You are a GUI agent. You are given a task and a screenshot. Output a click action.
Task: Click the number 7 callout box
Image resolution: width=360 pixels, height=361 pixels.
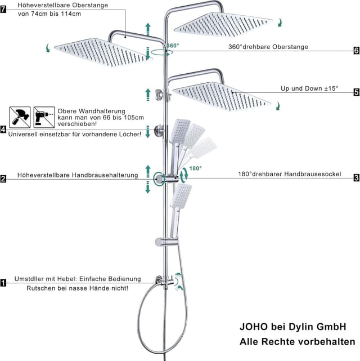(3, 10)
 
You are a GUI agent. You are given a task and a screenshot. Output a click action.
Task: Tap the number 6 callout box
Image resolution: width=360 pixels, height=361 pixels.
(356, 51)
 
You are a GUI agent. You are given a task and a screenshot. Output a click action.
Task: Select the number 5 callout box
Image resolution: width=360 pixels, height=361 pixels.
(356, 92)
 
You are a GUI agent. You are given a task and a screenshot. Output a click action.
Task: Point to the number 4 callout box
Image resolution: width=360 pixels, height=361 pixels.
(3, 130)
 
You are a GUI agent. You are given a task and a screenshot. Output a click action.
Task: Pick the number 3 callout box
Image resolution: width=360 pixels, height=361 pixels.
(356, 178)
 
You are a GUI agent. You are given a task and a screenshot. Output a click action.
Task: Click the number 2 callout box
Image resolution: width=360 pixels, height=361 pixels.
(3, 179)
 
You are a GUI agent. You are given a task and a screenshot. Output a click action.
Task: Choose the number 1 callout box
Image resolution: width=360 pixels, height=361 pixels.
(3, 283)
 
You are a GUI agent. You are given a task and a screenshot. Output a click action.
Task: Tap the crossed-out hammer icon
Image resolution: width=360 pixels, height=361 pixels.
(20, 117)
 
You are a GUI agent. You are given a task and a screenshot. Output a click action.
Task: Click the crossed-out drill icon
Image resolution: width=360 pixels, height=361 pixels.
(44, 117)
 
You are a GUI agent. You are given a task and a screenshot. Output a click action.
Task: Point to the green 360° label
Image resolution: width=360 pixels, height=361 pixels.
(173, 46)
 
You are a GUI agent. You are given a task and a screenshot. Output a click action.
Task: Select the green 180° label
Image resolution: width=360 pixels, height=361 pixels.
(195, 168)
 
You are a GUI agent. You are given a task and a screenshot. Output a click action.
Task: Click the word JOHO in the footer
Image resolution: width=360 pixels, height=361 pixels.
(254, 327)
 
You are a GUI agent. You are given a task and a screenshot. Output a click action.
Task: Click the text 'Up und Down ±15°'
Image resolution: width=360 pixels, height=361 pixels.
(309, 88)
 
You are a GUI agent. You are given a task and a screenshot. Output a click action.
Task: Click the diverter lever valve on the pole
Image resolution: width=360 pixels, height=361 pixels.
(164, 281)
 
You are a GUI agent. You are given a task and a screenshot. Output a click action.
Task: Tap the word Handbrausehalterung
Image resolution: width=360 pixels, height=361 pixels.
(105, 175)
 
